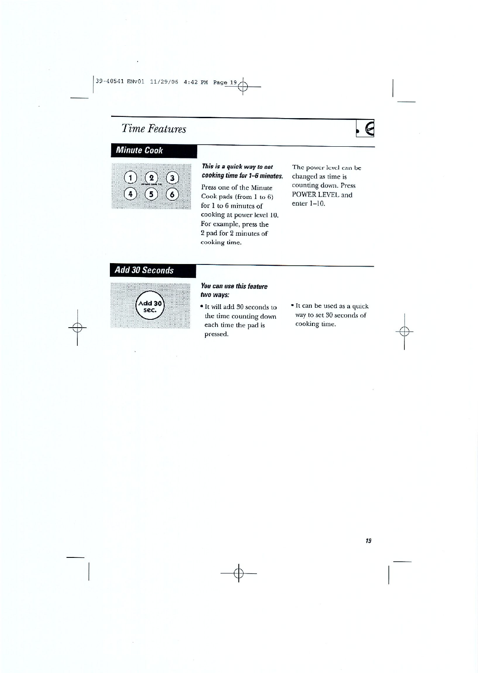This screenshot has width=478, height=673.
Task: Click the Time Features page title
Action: [x=154, y=129]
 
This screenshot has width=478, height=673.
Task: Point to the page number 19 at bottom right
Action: [x=368, y=541]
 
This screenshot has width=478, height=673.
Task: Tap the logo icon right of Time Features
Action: [x=366, y=128]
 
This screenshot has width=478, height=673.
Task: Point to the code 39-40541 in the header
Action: [x=110, y=82]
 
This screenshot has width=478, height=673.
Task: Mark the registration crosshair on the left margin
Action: [x=77, y=327]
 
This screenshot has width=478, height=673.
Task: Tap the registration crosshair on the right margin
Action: [x=404, y=332]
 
